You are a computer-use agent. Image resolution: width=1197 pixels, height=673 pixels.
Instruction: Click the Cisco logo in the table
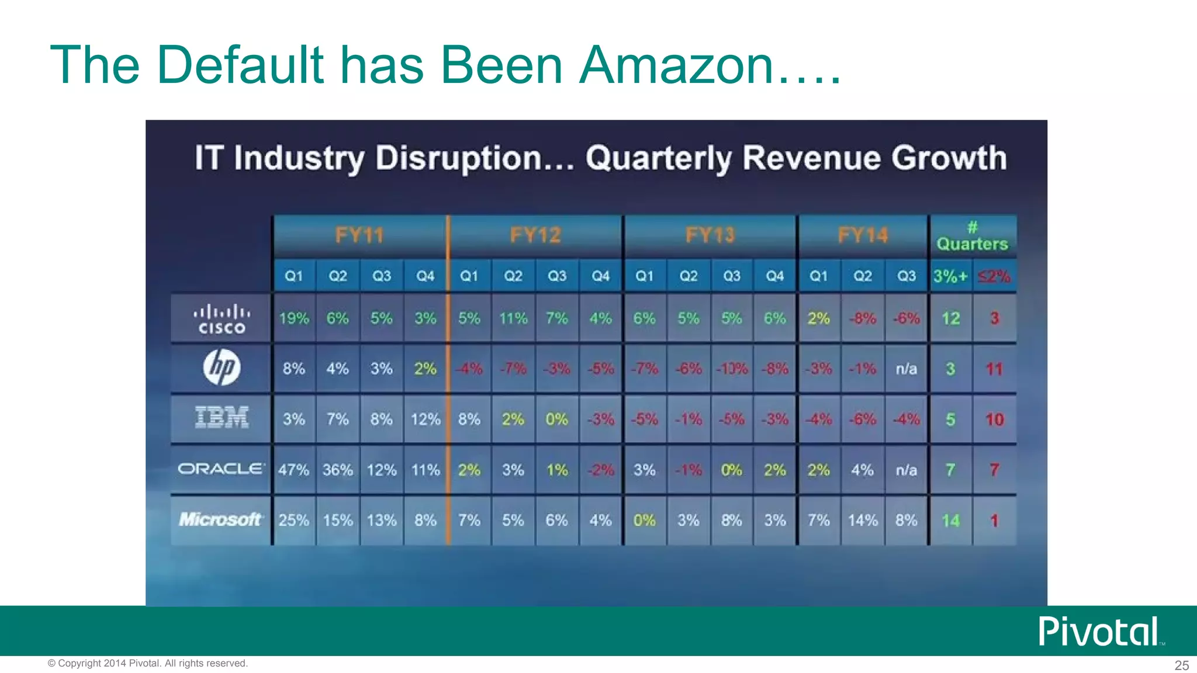tap(222, 319)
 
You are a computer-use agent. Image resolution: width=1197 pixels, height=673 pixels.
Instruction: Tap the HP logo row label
tap(222, 368)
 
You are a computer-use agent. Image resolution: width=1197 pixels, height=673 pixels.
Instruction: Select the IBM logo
tap(222, 418)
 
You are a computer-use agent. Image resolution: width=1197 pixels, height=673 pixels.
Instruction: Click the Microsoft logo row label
tap(220, 519)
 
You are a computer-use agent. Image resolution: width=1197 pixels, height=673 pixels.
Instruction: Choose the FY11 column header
tap(359, 235)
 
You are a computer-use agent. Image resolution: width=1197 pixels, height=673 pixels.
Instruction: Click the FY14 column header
tap(863, 235)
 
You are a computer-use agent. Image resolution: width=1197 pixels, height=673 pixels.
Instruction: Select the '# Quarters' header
tap(973, 237)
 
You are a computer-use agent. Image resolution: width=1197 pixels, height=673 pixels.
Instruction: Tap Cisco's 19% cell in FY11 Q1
tap(293, 318)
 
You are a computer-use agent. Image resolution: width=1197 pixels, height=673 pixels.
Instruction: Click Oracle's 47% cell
tap(293, 470)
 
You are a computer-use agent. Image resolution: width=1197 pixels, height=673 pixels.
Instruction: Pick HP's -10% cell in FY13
tap(732, 369)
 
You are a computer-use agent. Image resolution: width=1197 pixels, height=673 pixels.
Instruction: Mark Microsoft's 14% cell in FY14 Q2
tap(863, 520)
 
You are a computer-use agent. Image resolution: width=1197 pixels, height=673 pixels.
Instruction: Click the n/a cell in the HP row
tap(907, 369)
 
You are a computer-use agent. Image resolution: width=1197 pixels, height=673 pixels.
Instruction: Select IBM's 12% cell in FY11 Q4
tap(425, 419)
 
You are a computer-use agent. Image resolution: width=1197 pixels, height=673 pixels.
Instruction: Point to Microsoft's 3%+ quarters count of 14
tap(950, 520)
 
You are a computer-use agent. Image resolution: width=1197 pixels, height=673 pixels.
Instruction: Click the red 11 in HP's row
tap(994, 369)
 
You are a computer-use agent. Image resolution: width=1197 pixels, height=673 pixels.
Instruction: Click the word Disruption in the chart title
tap(459, 158)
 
